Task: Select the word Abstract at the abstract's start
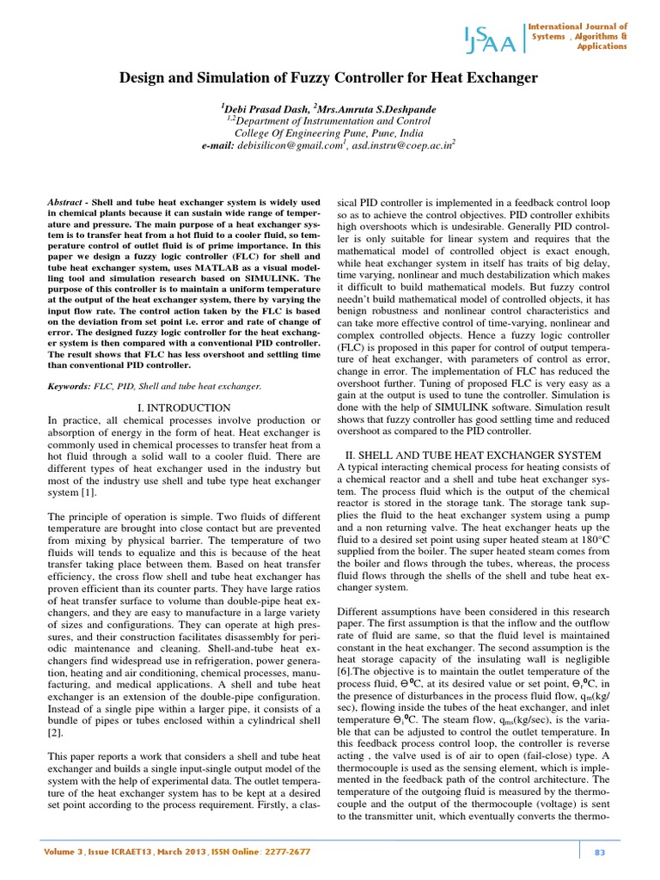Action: (67, 199)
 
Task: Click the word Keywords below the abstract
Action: (70, 388)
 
